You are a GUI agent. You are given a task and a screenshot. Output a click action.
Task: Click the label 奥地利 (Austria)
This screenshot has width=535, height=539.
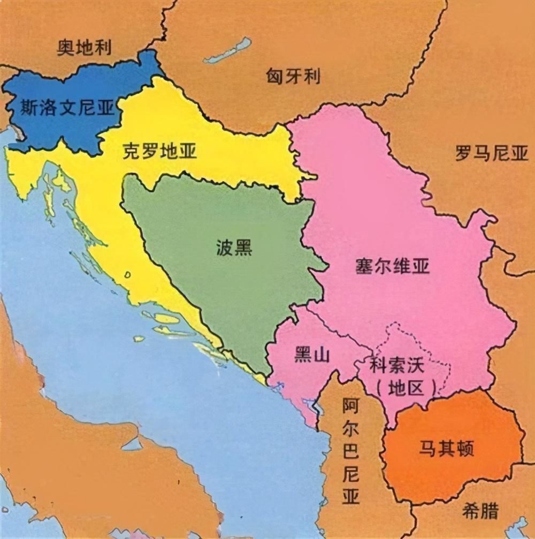(x=84, y=48)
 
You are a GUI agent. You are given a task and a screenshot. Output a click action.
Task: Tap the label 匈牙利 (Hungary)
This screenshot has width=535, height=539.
(x=293, y=76)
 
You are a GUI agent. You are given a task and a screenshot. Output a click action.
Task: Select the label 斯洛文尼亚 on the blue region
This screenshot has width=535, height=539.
(x=67, y=109)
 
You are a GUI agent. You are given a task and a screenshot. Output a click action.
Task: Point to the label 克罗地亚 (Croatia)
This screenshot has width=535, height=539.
(x=159, y=151)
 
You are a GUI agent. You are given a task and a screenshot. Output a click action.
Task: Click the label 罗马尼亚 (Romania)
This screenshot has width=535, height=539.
(x=491, y=154)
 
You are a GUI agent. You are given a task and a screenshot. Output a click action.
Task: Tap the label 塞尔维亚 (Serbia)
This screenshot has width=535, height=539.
(x=392, y=266)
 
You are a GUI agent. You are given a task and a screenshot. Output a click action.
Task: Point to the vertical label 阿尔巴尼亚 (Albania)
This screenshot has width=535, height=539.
(x=350, y=452)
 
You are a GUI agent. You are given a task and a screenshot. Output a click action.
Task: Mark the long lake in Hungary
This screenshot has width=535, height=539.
(x=227, y=51)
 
